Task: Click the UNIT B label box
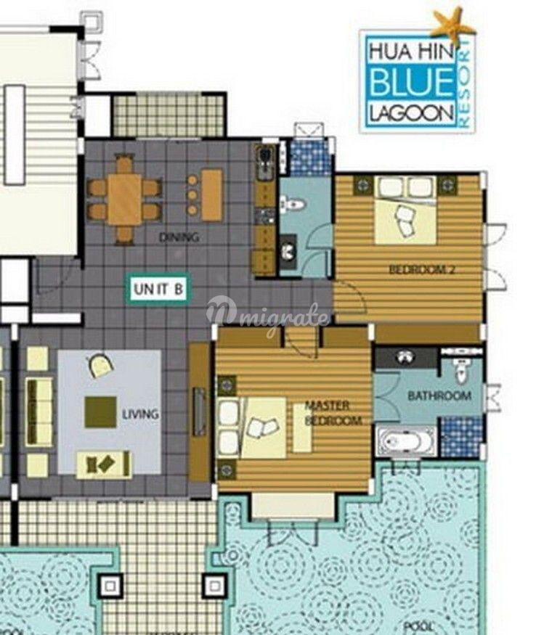click(158, 289)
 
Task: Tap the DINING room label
click(179, 237)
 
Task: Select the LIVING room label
click(140, 414)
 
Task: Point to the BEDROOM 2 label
click(421, 269)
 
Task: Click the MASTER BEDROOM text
click(333, 413)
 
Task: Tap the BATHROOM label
click(439, 396)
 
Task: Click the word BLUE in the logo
click(412, 82)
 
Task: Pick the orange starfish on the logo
click(452, 25)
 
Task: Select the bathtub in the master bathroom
click(406, 441)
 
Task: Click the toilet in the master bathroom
click(461, 369)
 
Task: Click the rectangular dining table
click(124, 200)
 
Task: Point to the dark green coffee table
click(100, 412)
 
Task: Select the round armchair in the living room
click(100, 365)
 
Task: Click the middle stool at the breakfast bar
click(192, 195)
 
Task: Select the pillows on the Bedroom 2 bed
click(405, 187)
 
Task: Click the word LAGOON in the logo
click(412, 113)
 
